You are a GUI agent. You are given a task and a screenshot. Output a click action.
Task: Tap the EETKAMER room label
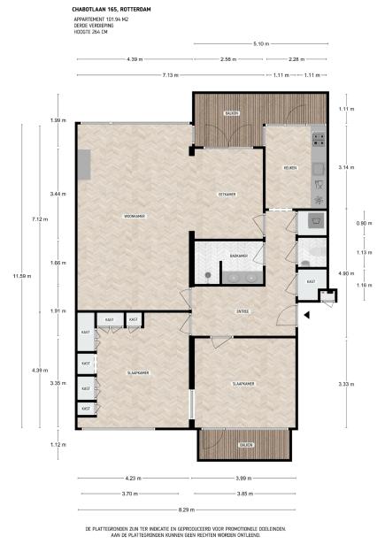pos(227,193)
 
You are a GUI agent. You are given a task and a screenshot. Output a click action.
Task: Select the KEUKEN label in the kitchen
pos(289,167)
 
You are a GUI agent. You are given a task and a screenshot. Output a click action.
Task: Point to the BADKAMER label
pos(237,256)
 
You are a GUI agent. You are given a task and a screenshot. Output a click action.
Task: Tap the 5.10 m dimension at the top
pos(260,43)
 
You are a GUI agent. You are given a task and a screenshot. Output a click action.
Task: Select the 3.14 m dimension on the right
pos(346,166)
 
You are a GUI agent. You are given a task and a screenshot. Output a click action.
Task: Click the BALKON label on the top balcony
pos(231,113)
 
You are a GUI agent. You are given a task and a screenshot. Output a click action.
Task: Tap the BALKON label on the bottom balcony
pos(245,445)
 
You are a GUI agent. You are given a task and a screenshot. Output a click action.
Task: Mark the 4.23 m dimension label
pos(132,479)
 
